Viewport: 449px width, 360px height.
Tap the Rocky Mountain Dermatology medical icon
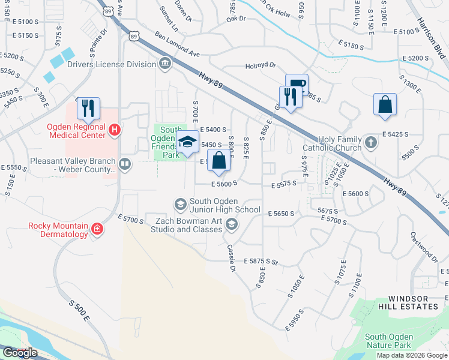(x=96, y=229)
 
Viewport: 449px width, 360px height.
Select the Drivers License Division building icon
(x=164, y=64)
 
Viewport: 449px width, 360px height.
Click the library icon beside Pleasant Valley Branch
(x=124, y=164)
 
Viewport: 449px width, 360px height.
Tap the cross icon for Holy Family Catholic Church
(x=371, y=142)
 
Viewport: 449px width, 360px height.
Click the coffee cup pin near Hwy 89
(x=297, y=85)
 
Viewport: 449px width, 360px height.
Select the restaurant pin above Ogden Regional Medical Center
(x=88, y=108)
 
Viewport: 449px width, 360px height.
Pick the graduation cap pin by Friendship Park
(x=188, y=142)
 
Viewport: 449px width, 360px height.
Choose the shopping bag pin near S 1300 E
(x=385, y=104)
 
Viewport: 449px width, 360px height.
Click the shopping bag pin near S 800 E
(x=219, y=161)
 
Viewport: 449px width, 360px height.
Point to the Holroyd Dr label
(x=261, y=66)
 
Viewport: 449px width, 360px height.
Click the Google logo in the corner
(x=19, y=353)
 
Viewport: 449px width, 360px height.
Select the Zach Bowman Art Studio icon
(x=232, y=225)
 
